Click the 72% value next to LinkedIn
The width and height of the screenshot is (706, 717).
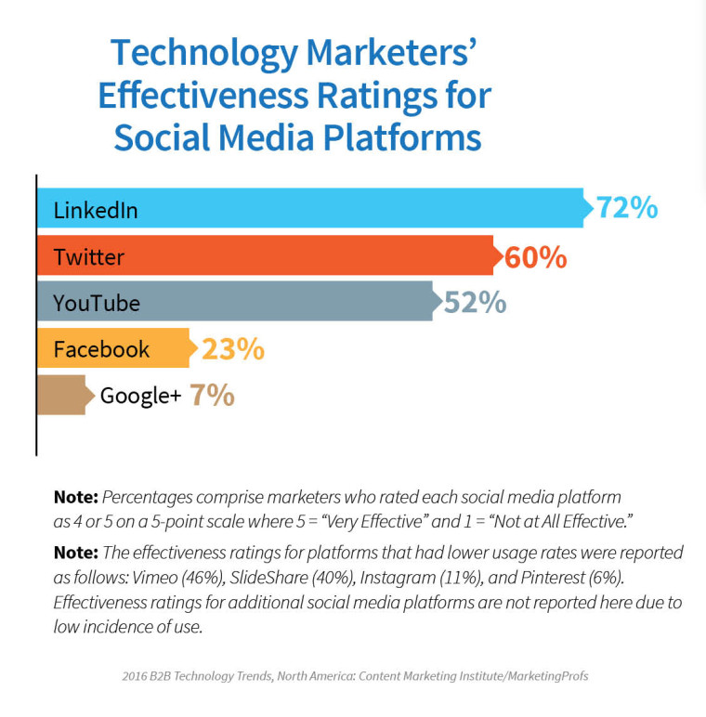(626, 208)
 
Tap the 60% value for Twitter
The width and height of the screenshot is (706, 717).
(535, 256)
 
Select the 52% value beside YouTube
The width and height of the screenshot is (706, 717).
(475, 303)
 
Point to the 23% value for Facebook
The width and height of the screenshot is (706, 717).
(233, 349)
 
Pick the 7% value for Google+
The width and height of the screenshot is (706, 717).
(212, 396)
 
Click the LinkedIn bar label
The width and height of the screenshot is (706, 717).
(96, 210)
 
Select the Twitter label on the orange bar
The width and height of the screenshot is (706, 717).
(89, 256)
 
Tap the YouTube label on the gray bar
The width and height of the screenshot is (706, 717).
(97, 303)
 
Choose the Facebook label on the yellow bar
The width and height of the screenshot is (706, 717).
(101, 349)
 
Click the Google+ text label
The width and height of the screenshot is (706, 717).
(140, 396)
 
